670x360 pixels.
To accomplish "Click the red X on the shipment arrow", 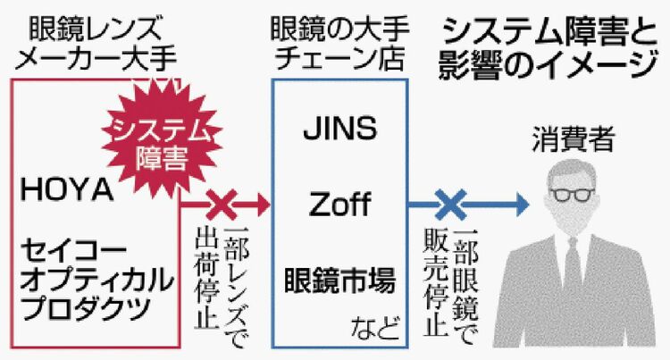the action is pos(220,207).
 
